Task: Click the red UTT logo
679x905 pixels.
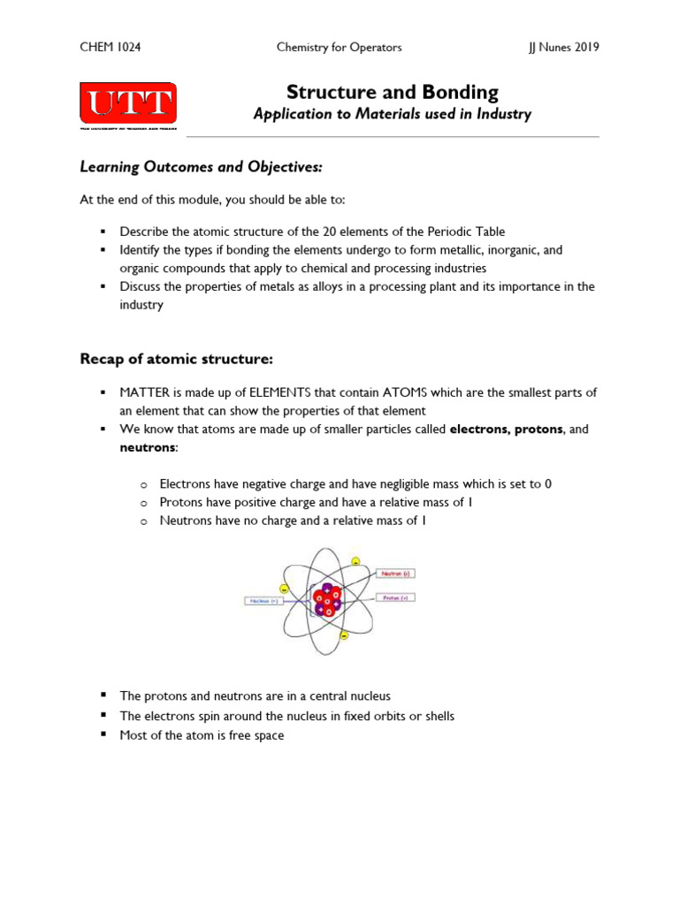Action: point(128,104)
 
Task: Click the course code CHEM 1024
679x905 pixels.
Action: point(111,47)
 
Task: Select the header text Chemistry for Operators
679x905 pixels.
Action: point(339,47)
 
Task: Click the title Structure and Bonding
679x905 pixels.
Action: point(393,92)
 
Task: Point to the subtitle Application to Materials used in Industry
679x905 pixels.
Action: point(393,114)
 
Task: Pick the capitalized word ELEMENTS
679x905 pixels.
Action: point(263,392)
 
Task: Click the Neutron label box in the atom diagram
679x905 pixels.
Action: point(395,574)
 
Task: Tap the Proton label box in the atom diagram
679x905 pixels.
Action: point(395,597)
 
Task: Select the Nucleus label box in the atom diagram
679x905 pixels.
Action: point(263,601)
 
